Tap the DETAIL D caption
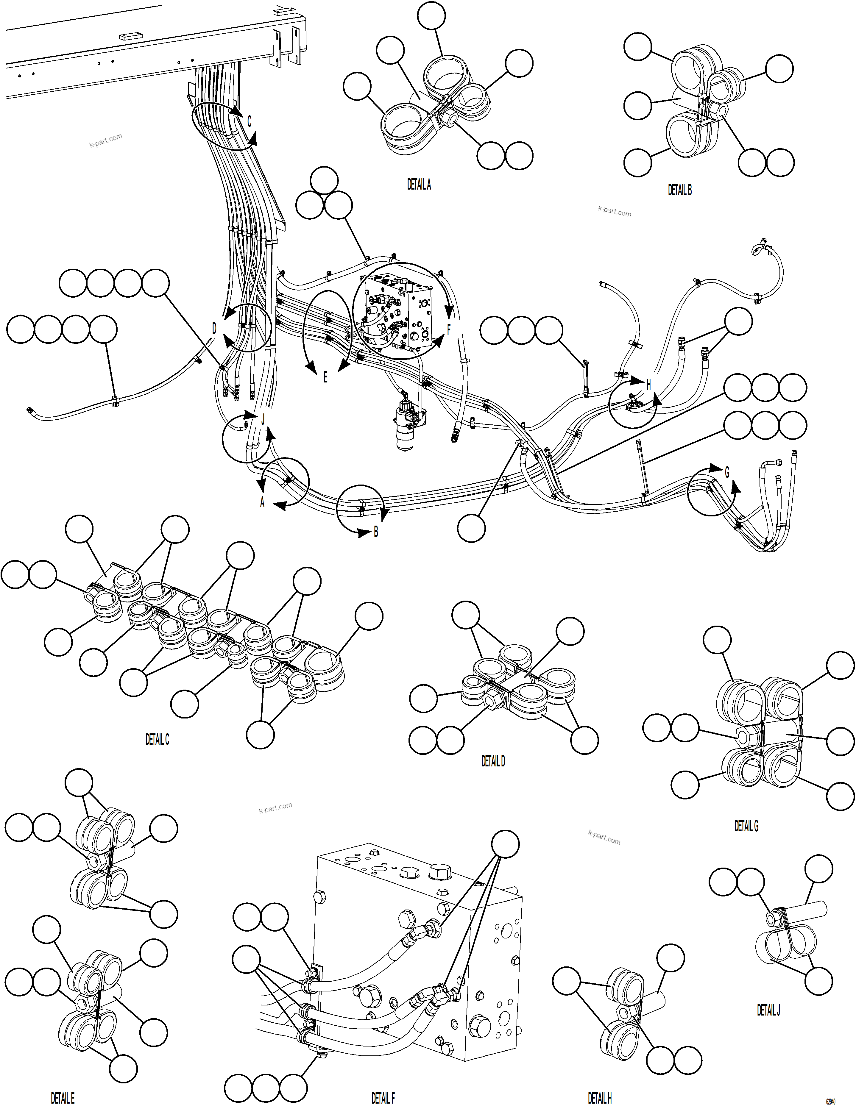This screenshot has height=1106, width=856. pyautogui.click(x=492, y=761)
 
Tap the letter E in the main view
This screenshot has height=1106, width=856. pyautogui.click(x=325, y=377)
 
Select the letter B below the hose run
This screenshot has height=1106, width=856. pyautogui.click(x=376, y=532)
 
